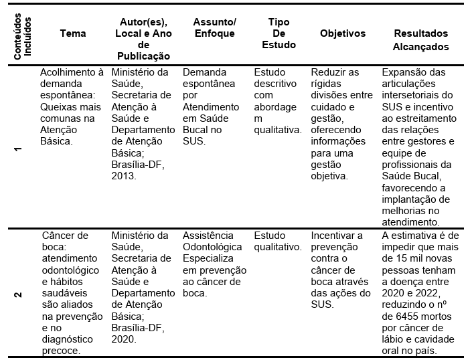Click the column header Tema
click(72, 33)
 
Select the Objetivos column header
click(343, 33)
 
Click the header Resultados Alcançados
click(421, 39)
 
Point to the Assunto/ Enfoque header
click(209, 27)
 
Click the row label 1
click(18, 149)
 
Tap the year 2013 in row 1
click(125, 176)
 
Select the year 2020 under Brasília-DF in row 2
click(125, 339)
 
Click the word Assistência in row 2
click(208, 236)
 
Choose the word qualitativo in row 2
click(277, 247)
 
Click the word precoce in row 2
click(60, 350)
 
